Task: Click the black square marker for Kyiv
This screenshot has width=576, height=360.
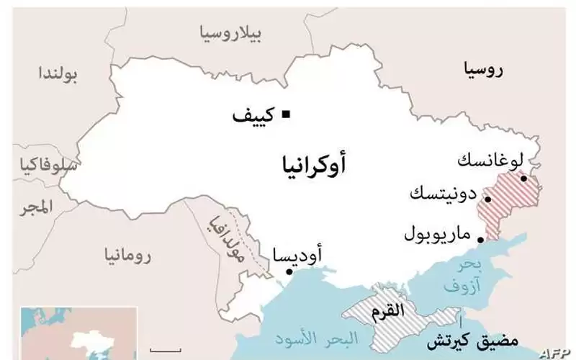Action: point(286,112)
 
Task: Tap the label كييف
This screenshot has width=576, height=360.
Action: point(255,115)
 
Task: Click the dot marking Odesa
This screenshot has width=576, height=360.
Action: point(289,272)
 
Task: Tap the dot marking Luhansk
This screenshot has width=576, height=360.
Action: point(524,179)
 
